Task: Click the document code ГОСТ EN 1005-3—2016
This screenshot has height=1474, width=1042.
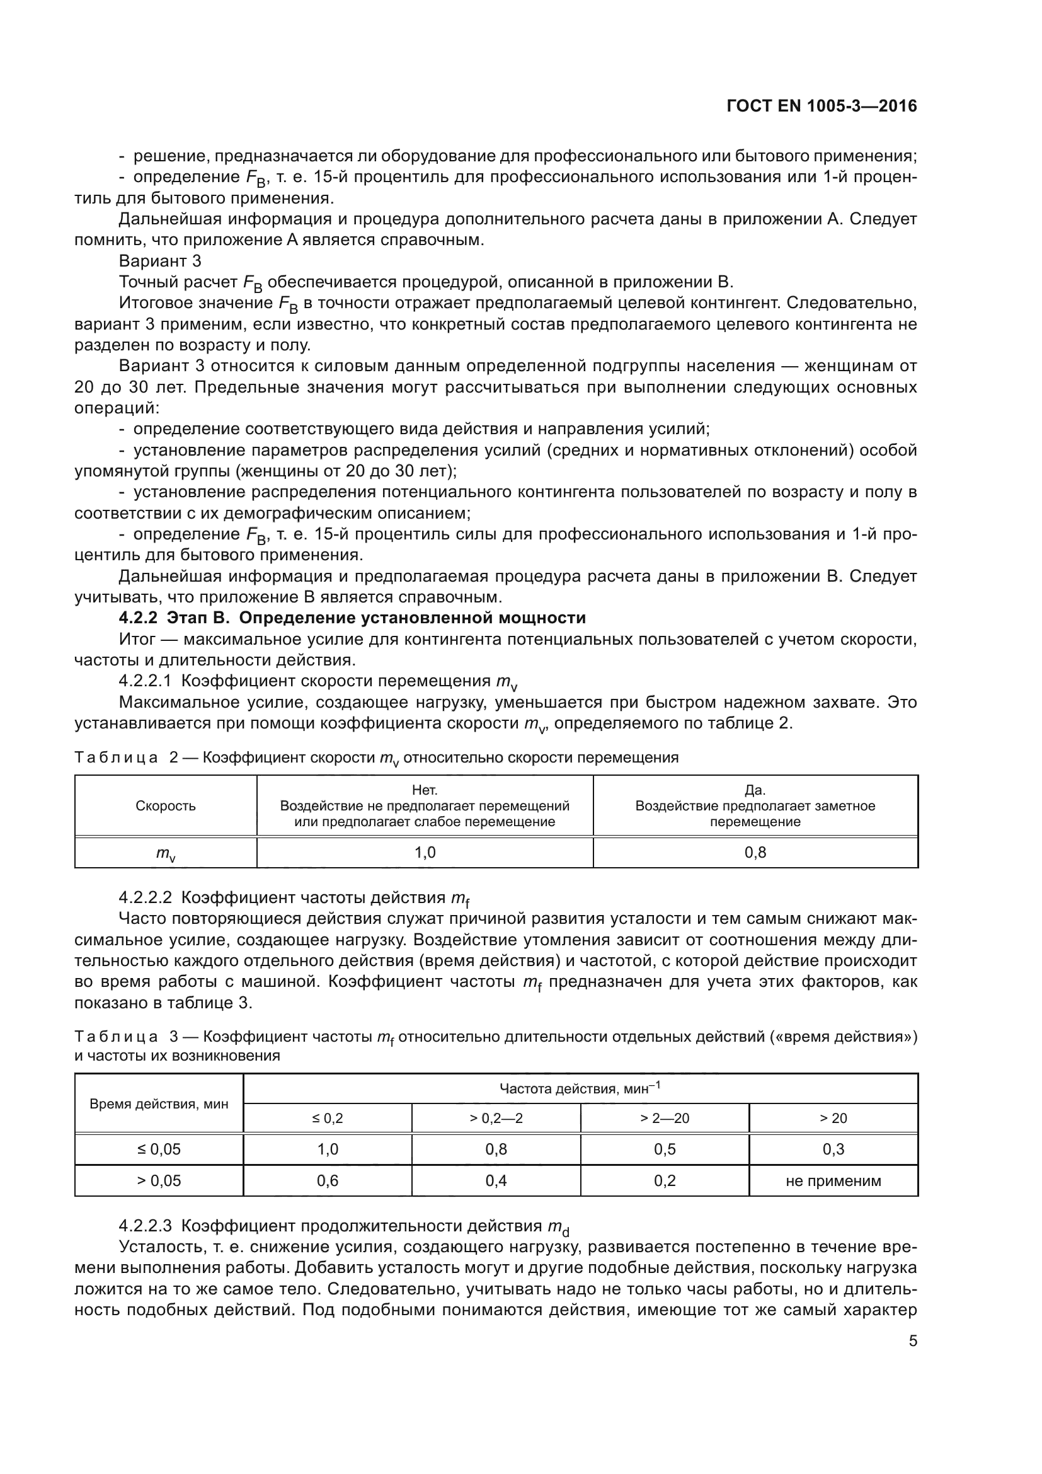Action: [822, 106]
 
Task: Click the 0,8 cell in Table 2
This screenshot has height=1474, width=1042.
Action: [755, 853]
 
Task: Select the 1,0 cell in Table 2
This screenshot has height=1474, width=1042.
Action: [425, 853]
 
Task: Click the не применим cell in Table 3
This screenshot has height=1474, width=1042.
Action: [833, 1180]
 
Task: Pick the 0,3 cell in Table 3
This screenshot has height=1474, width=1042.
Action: [833, 1149]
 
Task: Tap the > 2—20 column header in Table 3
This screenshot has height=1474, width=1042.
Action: [665, 1119]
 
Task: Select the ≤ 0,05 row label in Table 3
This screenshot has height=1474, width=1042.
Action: [159, 1149]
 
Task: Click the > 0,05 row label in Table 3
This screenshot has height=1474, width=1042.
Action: [159, 1180]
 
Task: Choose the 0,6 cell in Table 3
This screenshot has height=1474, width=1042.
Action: [327, 1180]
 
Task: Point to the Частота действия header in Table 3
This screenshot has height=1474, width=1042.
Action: [580, 1088]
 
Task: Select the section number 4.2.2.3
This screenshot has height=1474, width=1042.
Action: [146, 1226]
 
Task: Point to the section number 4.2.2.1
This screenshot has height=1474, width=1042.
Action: [146, 681]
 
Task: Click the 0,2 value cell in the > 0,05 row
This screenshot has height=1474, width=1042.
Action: [665, 1180]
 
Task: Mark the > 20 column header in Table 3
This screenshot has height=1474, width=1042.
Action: [833, 1119]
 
